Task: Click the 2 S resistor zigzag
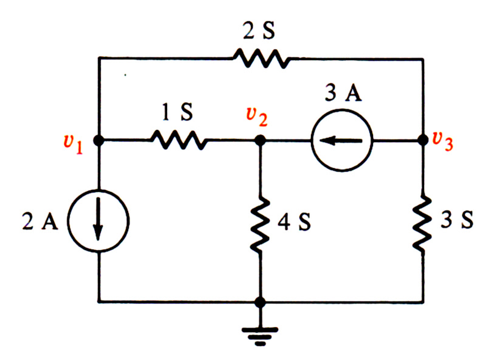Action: (x=262, y=58)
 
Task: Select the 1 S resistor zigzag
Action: (x=179, y=140)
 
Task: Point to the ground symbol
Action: (x=261, y=336)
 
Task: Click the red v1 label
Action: (x=74, y=144)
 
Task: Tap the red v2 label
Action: (x=257, y=117)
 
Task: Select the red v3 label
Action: (x=443, y=141)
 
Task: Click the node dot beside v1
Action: (x=98, y=141)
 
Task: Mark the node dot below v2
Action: (x=261, y=141)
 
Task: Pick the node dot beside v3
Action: (x=423, y=140)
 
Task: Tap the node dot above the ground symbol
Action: (x=261, y=302)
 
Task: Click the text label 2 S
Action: (x=259, y=31)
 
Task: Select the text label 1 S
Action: (x=177, y=112)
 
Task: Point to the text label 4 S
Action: (x=294, y=222)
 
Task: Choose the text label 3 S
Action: (x=457, y=220)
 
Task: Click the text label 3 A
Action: (x=343, y=92)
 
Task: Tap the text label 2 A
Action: (x=40, y=221)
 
